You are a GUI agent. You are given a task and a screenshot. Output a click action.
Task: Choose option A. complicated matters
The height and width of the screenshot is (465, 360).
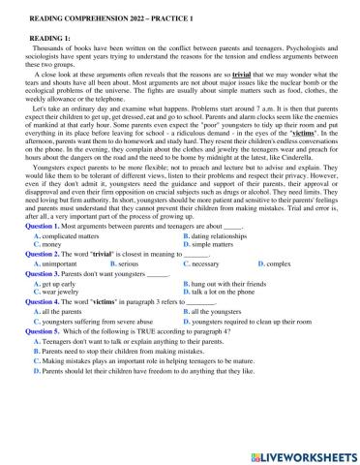(72, 290)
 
